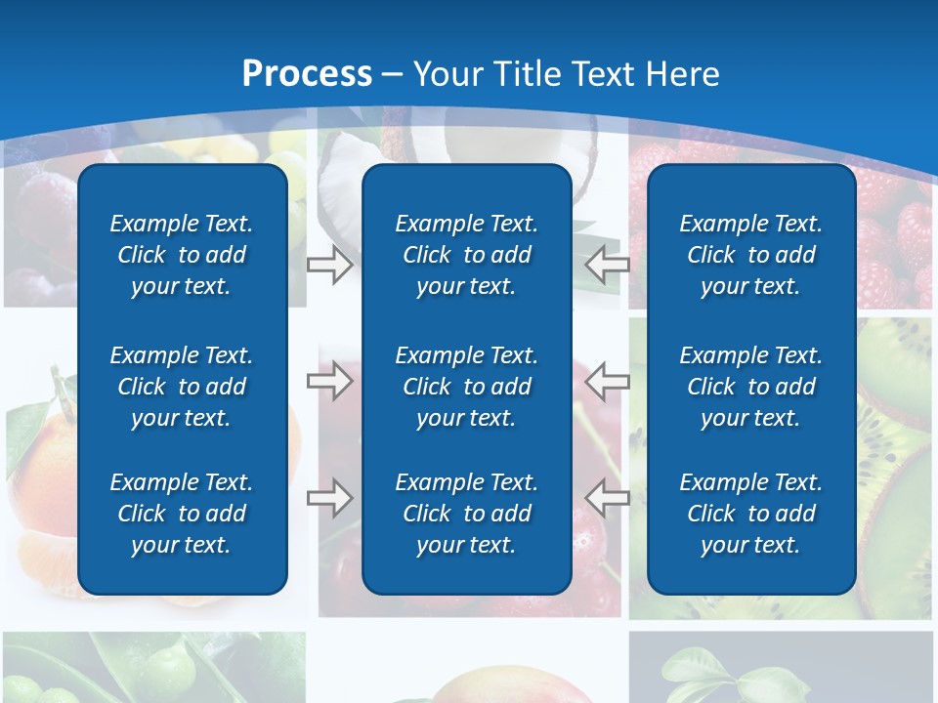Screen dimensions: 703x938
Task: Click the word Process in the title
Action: [307, 74]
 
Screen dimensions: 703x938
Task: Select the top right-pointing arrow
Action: [329, 264]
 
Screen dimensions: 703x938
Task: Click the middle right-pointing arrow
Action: [329, 381]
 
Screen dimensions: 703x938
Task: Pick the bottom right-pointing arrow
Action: [329, 498]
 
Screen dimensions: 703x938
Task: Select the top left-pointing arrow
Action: [607, 264]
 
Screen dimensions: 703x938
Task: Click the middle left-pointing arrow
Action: [607, 381]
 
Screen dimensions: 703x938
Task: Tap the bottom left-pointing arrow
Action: [607, 498]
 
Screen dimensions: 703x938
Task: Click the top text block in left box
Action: [182, 255]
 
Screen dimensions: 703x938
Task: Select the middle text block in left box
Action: [182, 387]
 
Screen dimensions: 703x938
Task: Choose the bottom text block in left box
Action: [182, 514]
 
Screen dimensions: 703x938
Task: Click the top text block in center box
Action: [466, 255]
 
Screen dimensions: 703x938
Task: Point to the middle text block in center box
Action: [466, 387]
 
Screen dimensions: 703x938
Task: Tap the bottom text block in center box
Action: [466, 514]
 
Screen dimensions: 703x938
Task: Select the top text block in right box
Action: [750, 255]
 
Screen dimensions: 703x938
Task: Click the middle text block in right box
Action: [750, 387]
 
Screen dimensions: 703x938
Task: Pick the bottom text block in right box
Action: [750, 514]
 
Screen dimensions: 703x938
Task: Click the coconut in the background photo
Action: [342, 171]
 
